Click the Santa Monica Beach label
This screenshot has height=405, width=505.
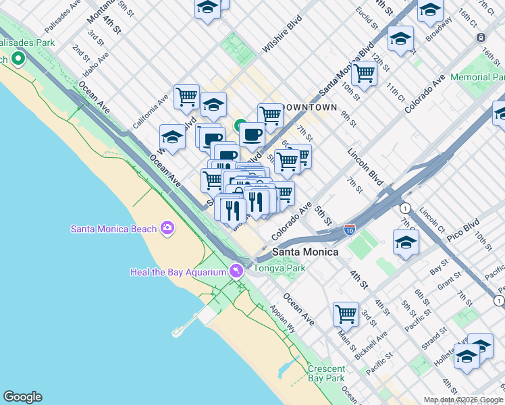coord(113,229)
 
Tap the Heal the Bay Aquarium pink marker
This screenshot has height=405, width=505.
coord(236,272)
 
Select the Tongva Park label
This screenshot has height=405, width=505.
coord(280,268)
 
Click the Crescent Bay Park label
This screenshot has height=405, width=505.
coord(326,374)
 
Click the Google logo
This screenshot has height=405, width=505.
coord(22,397)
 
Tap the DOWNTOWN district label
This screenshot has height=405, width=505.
coord(309,107)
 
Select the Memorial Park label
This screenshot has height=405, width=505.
coord(477,78)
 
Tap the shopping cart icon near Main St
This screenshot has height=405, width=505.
coord(346,313)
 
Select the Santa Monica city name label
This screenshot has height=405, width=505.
coord(305,252)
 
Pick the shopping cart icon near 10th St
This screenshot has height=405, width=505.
coord(364,73)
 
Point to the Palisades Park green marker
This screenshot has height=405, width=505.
coord(18,59)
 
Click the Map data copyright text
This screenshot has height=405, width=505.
coord(462,400)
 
